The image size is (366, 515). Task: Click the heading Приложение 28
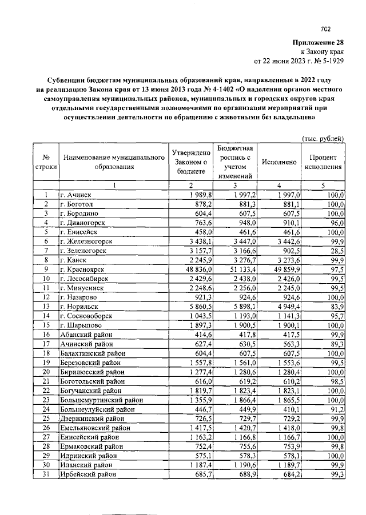pyautogui.click(x=319, y=42)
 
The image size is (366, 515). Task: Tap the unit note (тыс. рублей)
pyautogui.click(x=323, y=138)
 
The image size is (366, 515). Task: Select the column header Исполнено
pyautogui.click(x=279, y=162)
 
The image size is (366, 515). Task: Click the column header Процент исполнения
pyautogui.click(x=323, y=162)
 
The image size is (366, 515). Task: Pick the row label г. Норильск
pyautogui.click(x=79, y=306)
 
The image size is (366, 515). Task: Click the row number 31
pyautogui.click(x=46, y=474)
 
